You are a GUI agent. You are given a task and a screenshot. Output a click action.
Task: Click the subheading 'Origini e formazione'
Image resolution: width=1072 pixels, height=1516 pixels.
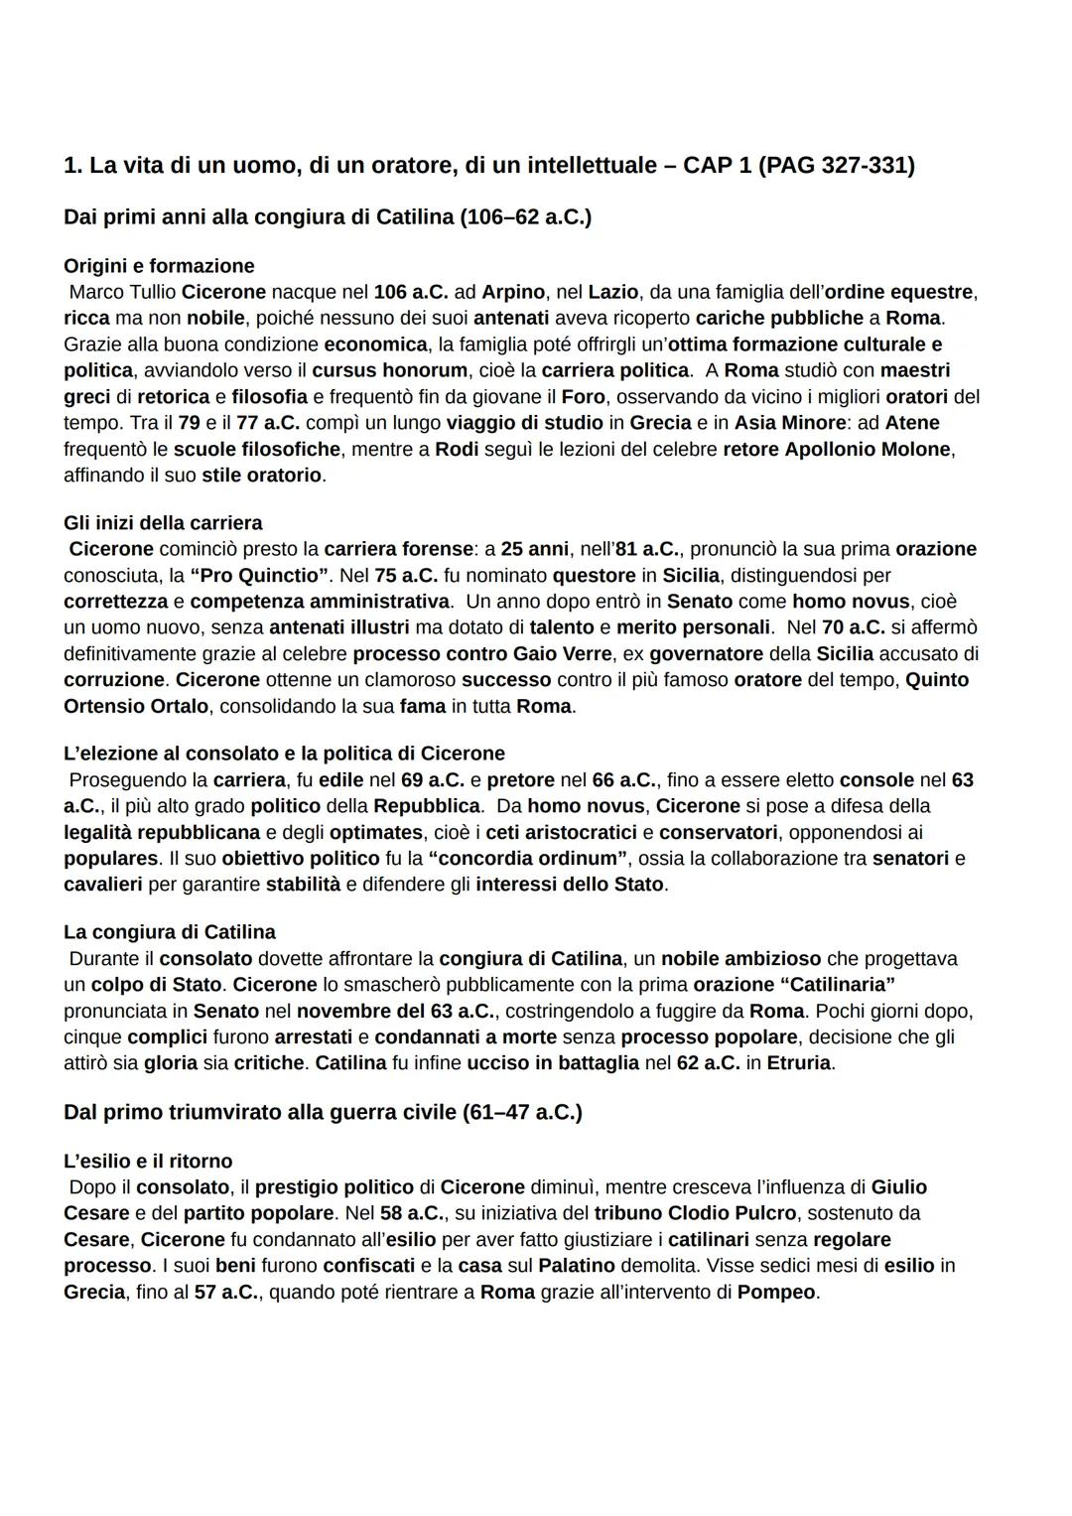coord(159,266)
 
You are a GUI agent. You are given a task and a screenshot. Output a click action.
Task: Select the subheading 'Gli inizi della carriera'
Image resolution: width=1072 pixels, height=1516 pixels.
coord(163,522)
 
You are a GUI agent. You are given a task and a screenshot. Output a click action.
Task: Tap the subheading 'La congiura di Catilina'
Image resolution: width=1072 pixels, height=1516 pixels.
coord(170,932)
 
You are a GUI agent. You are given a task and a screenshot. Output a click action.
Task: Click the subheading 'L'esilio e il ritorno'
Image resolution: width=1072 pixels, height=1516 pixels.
coord(148,1161)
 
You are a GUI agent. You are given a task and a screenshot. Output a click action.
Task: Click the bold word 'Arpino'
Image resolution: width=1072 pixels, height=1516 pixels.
coord(513,292)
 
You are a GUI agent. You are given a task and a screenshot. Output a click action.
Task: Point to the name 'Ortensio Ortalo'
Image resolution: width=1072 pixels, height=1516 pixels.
coord(136,706)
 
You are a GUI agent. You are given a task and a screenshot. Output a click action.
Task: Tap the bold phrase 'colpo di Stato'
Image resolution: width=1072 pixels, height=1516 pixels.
coord(157,984)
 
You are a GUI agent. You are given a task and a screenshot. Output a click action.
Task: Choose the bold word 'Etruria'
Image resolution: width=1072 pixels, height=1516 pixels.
coord(800,1063)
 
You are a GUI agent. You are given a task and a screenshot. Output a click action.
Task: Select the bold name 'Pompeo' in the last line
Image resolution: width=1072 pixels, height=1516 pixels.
coord(776,1292)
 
